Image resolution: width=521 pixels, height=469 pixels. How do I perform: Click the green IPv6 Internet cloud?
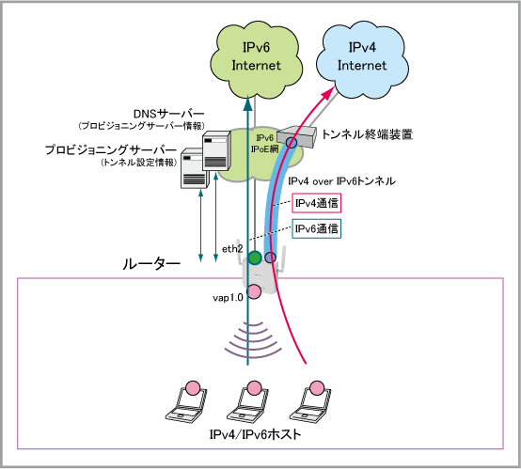(x=256, y=60)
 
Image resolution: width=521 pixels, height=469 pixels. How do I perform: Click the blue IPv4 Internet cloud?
(x=362, y=60)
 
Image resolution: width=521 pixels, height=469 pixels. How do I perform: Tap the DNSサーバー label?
(x=168, y=114)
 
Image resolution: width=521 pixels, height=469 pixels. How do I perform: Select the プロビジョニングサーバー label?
(x=111, y=149)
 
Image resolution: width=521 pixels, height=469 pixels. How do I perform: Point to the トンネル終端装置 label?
(x=367, y=134)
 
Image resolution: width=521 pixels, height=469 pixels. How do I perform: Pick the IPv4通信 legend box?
(x=316, y=203)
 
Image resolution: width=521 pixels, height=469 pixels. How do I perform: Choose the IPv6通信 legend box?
(x=316, y=228)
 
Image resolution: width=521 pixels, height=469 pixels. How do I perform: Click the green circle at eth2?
(x=255, y=258)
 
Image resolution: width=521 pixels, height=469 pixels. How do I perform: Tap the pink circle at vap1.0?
(x=255, y=291)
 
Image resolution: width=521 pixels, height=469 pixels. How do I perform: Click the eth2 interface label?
(x=232, y=249)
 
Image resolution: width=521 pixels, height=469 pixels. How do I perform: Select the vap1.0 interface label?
(x=228, y=298)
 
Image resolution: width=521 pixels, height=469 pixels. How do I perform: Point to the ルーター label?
(x=151, y=264)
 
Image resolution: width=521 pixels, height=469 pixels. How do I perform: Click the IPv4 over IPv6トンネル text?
(x=341, y=181)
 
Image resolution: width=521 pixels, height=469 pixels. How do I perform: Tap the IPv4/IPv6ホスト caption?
(x=255, y=434)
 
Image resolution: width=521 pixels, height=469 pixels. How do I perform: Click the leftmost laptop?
(x=187, y=403)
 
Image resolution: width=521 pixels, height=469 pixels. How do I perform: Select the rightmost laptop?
(x=310, y=403)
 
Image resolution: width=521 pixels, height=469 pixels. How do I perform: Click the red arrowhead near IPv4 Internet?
(x=328, y=92)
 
